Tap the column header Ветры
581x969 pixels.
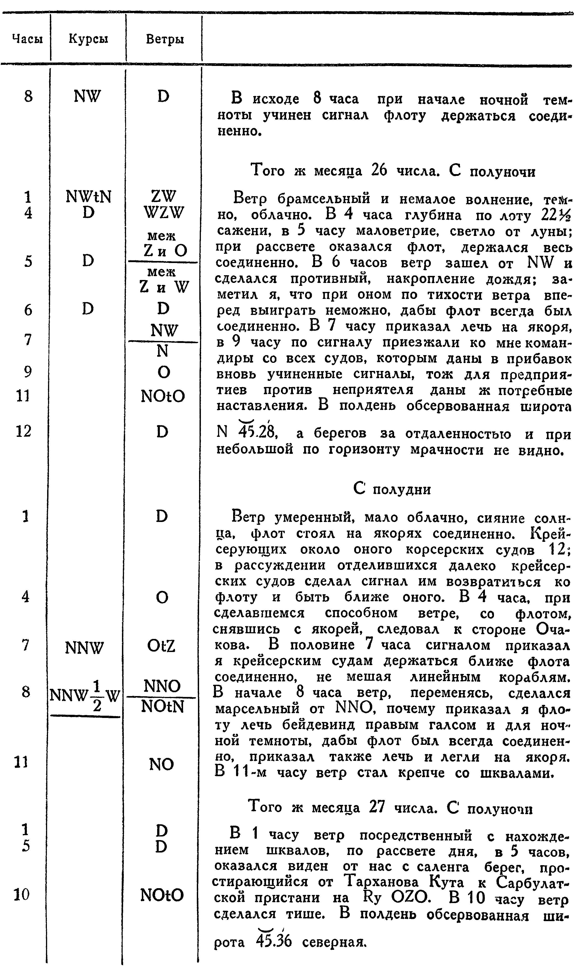point(164,39)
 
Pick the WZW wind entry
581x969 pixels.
point(163,213)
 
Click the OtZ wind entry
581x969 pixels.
point(161,646)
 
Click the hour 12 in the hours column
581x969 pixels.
point(23,431)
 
